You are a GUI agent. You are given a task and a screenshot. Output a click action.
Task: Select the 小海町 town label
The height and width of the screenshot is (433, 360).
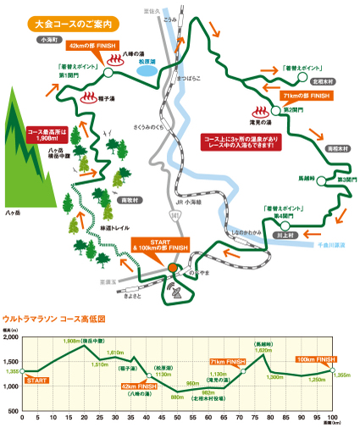[x=45, y=38]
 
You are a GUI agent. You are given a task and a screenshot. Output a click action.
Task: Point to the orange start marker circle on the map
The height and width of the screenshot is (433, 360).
[x=173, y=268]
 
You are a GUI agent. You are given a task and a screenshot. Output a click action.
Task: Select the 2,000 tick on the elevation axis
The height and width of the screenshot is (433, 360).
[x=13, y=337]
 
